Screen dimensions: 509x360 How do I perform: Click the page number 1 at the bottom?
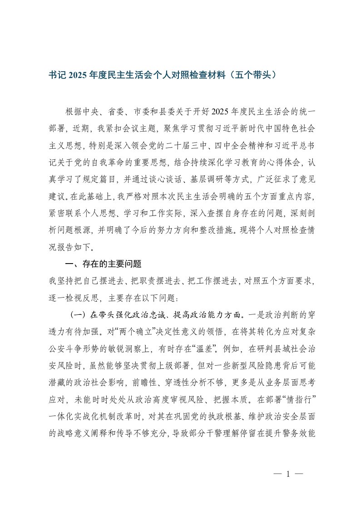pos(288,475)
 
